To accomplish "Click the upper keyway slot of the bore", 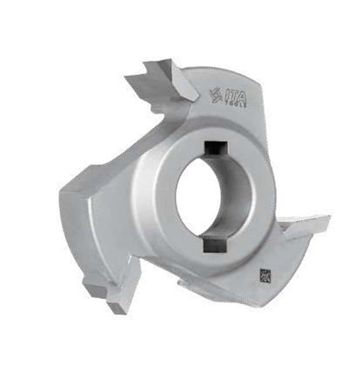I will pos(215,150).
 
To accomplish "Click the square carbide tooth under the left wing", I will pos(95,287).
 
